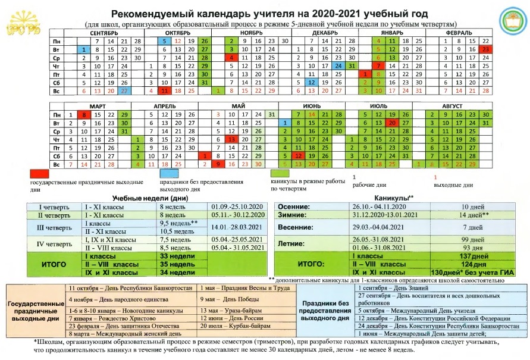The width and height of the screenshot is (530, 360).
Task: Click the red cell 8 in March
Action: (x=85, y=114)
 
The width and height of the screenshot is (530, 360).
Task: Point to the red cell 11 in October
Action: (x=164, y=90)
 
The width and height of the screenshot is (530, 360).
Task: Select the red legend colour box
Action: (x=39, y=173)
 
